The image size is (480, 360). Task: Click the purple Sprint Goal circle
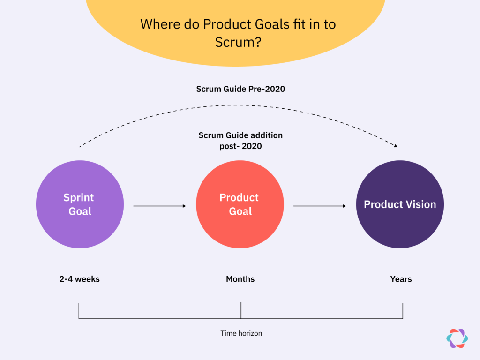[80, 204]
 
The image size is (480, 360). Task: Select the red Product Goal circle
[240, 204]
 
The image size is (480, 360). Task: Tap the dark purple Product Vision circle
[400, 204]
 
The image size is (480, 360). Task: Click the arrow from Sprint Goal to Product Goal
[159, 206]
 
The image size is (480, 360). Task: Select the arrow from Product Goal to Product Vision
[320, 206]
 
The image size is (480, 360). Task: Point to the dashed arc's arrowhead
[396, 146]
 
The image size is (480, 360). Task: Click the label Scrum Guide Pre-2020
[240, 89]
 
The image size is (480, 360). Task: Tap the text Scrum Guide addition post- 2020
[240, 141]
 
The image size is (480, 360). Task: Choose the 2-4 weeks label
[80, 279]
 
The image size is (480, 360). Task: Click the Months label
[240, 279]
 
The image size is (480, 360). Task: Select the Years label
[401, 279]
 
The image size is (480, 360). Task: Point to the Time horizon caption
[241, 333]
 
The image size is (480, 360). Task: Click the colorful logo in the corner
[457, 338]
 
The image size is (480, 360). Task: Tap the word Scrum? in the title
[238, 42]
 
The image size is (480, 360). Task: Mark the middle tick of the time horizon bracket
[241, 310]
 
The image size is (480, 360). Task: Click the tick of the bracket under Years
[403, 310]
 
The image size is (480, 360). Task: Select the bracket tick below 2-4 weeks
[79, 310]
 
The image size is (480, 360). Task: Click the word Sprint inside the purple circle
[79, 197]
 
